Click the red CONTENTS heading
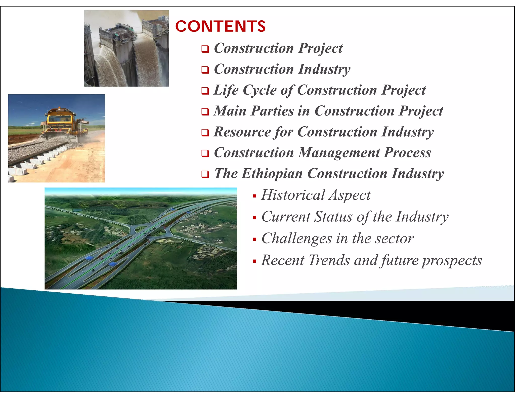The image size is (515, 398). (220, 26)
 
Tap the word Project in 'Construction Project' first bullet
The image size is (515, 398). (320, 48)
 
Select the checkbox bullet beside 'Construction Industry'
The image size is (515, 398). (205, 70)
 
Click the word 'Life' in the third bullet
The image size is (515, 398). (226, 90)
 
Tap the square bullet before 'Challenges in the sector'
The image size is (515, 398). (255, 239)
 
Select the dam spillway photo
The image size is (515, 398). (126, 48)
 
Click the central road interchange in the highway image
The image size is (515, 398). (151, 230)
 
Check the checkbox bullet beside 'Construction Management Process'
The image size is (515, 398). (205, 153)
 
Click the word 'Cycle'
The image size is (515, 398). (260, 90)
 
